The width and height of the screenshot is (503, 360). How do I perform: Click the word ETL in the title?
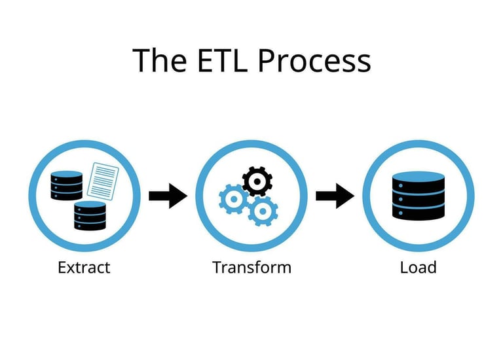[222, 60]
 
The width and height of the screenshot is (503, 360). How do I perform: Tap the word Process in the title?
[314, 60]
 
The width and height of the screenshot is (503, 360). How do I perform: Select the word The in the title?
[159, 60]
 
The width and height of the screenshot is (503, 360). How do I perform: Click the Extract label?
[84, 267]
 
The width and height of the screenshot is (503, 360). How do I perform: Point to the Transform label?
[251, 267]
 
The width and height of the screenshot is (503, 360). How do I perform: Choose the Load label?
[419, 267]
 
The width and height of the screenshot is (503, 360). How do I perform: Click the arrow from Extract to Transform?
[168, 196]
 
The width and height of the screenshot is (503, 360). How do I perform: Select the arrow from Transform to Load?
[335, 196]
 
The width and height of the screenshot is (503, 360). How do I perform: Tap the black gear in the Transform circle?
[257, 181]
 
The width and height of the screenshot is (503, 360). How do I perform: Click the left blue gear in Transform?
[234, 200]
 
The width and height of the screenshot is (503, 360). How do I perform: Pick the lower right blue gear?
[263, 211]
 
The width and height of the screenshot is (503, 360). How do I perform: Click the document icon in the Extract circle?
[103, 181]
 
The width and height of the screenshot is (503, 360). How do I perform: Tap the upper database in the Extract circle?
[67, 186]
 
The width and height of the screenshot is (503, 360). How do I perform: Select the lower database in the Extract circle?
[90, 216]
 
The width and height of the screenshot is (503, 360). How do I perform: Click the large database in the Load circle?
[419, 196]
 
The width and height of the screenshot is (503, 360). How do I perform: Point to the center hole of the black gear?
[257, 181]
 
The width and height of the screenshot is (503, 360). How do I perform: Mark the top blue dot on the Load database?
[401, 186]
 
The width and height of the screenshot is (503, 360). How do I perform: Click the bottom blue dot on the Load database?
[401, 213]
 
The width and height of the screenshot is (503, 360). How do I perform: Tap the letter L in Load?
[404, 267]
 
